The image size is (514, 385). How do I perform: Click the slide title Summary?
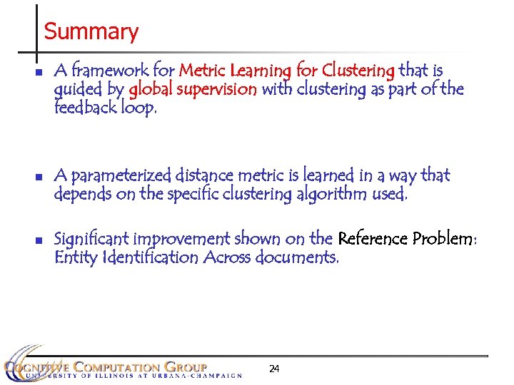[x=91, y=32]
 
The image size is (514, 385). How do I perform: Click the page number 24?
[x=274, y=369]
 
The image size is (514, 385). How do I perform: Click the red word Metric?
[x=202, y=71]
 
